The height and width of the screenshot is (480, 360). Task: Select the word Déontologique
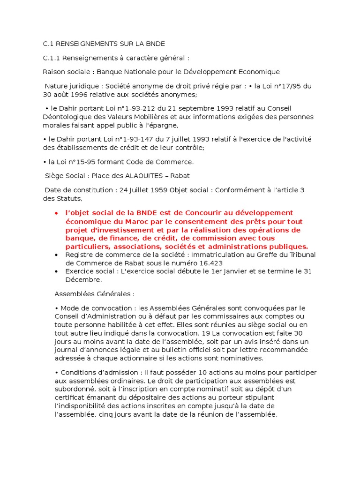pos(66,117)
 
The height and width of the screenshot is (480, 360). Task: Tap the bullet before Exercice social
pos(56,271)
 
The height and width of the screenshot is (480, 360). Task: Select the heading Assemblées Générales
pos(94,294)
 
